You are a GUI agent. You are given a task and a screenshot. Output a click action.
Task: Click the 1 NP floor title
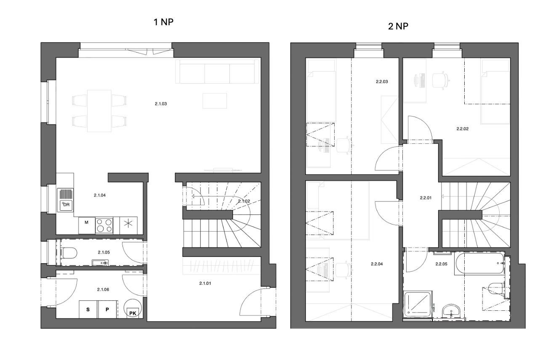coord(163,22)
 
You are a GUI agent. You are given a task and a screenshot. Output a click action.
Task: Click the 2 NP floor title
coord(398,26)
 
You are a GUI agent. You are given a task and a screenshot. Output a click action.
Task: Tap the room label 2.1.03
coord(161,104)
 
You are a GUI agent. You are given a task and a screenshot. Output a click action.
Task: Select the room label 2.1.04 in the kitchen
coord(100,195)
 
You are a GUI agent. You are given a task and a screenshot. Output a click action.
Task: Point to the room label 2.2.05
coord(441,264)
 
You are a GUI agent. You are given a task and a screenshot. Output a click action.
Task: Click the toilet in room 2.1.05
coord(69,253)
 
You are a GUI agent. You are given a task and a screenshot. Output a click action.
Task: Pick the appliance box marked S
coord(88,310)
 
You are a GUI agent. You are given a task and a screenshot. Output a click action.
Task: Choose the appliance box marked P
coord(107,310)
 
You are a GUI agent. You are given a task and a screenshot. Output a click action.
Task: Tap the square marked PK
coord(133,313)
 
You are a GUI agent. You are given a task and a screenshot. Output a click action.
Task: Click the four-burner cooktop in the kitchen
coord(104,225)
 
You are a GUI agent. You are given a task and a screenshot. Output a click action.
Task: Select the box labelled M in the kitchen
coord(87,225)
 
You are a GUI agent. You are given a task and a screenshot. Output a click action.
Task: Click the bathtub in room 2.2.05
coord(479,263)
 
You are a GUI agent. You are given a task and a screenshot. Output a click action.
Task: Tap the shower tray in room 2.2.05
coord(418,304)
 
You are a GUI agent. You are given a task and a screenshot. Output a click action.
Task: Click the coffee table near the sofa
coord(215,101)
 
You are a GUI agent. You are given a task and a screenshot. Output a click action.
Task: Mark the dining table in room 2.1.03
coord(99,111)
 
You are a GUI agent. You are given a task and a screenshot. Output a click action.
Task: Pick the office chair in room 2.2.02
coord(440,80)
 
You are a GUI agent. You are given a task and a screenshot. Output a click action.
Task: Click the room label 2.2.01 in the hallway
coord(426,198)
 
